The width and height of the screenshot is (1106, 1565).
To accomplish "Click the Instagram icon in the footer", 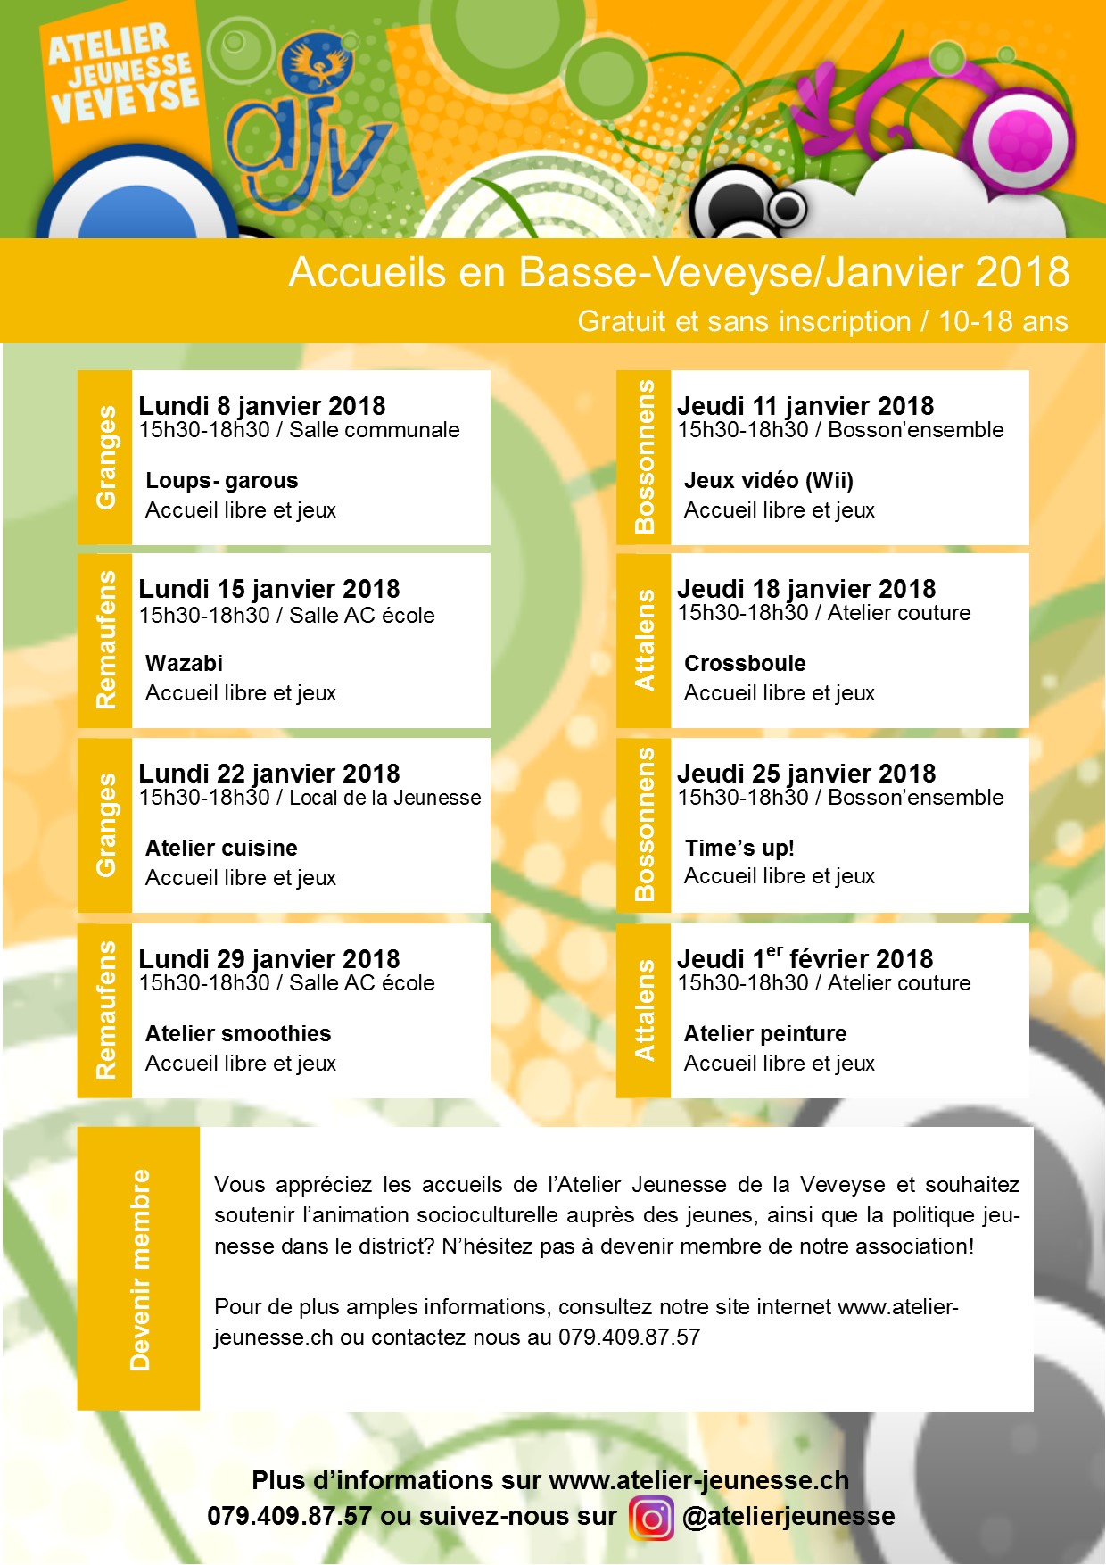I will [651, 1518].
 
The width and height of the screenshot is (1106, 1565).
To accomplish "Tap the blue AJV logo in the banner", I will [308, 134].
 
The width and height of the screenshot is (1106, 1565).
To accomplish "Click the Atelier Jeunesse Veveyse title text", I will [122, 76].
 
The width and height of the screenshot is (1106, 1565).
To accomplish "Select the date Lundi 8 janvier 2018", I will [261, 406].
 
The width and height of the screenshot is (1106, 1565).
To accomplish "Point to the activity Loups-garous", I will [221, 481].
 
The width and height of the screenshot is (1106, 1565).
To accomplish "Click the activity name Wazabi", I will [184, 664].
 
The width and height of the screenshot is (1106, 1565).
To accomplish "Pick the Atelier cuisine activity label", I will [221, 849].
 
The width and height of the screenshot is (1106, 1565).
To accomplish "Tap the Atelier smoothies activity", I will [237, 1034].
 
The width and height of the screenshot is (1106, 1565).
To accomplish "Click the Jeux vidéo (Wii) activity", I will [768, 481].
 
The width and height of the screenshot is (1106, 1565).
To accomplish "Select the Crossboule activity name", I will [745, 664].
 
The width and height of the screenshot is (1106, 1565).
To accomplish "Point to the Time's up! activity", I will [739, 849].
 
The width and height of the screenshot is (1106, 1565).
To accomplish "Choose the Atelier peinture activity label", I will [765, 1034].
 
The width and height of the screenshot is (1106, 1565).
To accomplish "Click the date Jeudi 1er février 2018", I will [805, 959].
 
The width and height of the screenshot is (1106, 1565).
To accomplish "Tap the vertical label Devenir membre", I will [139, 1270].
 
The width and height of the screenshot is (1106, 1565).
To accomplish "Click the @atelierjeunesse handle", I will [788, 1517].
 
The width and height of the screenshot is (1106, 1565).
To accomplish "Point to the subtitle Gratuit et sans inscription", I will [744, 321].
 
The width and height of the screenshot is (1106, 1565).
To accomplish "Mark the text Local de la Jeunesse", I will [384, 798].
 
